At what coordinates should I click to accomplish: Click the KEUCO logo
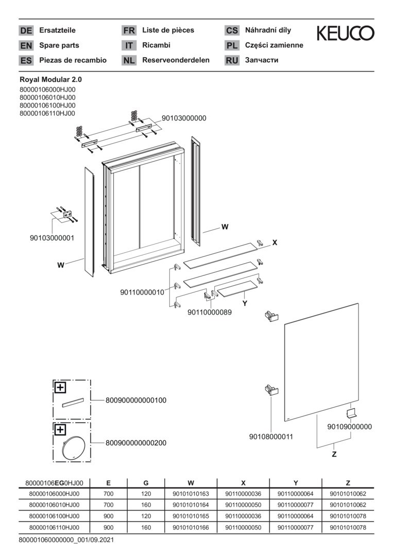[x=345, y=33]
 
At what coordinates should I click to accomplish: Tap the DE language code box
[x=26, y=30]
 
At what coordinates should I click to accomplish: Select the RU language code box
[x=232, y=60]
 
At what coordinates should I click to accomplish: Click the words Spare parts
[x=59, y=45]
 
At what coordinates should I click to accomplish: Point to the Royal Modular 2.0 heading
[x=50, y=80]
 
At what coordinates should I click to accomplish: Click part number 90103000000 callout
[x=184, y=118]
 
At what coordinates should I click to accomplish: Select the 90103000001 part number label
[x=52, y=238]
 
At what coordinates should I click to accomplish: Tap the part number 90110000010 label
[x=142, y=292]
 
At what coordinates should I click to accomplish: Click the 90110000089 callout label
[x=210, y=311]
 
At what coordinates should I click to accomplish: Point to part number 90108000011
[x=271, y=437]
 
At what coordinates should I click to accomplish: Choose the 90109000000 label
[x=350, y=427]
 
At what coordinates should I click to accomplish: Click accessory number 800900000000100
[x=136, y=400]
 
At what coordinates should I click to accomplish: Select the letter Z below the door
[x=334, y=454]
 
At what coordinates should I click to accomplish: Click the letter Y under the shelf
[x=245, y=304]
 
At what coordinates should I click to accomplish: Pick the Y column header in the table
[x=296, y=483]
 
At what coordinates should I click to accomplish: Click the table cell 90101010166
[x=191, y=528]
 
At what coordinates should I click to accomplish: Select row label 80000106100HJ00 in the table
[x=55, y=516]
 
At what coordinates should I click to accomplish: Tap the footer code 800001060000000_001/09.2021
[x=66, y=540]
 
